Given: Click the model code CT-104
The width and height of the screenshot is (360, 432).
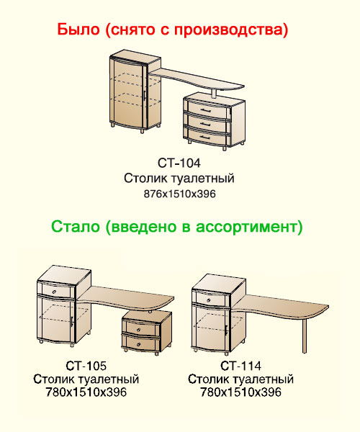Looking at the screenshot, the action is [x=179, y=163].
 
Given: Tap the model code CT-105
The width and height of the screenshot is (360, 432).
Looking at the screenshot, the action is [x=86, y=366].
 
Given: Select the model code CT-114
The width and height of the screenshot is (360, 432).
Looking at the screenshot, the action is [x=240, y=366].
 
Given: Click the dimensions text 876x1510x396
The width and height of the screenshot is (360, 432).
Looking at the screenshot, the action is [x=179, y=194].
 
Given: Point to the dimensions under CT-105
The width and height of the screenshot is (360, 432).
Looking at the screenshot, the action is [x=86, y=392].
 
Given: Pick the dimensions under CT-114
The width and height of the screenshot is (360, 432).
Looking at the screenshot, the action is [x=240, y=392].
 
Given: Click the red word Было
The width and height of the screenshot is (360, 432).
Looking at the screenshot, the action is [x=78, y=30].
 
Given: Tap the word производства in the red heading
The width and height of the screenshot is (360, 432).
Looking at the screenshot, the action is [x=228, y=30].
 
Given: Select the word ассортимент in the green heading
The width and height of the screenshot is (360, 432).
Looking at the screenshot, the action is [x=247, y=228].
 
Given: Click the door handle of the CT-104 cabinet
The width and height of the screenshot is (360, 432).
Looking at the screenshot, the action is [x=144, y=94].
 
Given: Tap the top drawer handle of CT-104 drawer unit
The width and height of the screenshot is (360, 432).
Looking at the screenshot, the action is [x=205, y=111].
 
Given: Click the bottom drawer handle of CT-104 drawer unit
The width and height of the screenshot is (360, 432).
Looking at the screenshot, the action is [x=205, y=137].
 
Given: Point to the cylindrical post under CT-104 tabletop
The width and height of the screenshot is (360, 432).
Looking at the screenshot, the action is [x=214, y=94].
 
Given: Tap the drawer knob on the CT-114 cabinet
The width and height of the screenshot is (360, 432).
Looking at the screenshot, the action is [x=210, y=298].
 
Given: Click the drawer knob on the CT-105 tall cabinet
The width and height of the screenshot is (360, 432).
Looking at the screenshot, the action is [x=54, y=292].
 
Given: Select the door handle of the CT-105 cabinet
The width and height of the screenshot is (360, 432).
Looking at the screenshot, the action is [x=71, y=322].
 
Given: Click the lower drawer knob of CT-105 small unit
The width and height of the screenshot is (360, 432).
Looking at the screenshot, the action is [x=139, y=344].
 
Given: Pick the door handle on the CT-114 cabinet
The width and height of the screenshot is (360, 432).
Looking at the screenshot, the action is [x=226, y=330].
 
